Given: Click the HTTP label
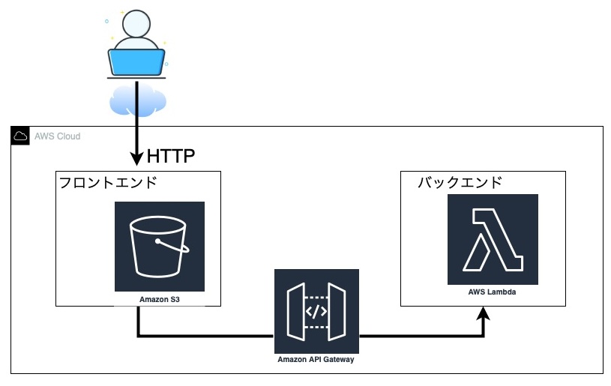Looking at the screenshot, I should point(171,157).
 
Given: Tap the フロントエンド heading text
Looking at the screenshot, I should point(118,183).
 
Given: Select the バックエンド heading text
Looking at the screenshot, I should point(460,183).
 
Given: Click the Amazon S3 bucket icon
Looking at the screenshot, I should point(160,246).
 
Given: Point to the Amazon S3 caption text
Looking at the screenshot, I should point(160,300).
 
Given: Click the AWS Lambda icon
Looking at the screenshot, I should point(493,239).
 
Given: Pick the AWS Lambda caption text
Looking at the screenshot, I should point(492,292).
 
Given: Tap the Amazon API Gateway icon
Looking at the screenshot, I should point(316,310).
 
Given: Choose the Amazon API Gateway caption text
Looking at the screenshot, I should point(316,360).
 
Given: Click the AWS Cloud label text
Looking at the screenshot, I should point(58,136).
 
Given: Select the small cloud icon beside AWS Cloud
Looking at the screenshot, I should point(20,136).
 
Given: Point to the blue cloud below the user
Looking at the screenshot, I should point(136,100).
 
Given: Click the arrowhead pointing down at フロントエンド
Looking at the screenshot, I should point(136,159).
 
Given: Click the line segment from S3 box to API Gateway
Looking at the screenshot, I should point(202,335).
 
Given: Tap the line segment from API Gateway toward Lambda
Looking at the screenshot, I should point(420,335).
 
